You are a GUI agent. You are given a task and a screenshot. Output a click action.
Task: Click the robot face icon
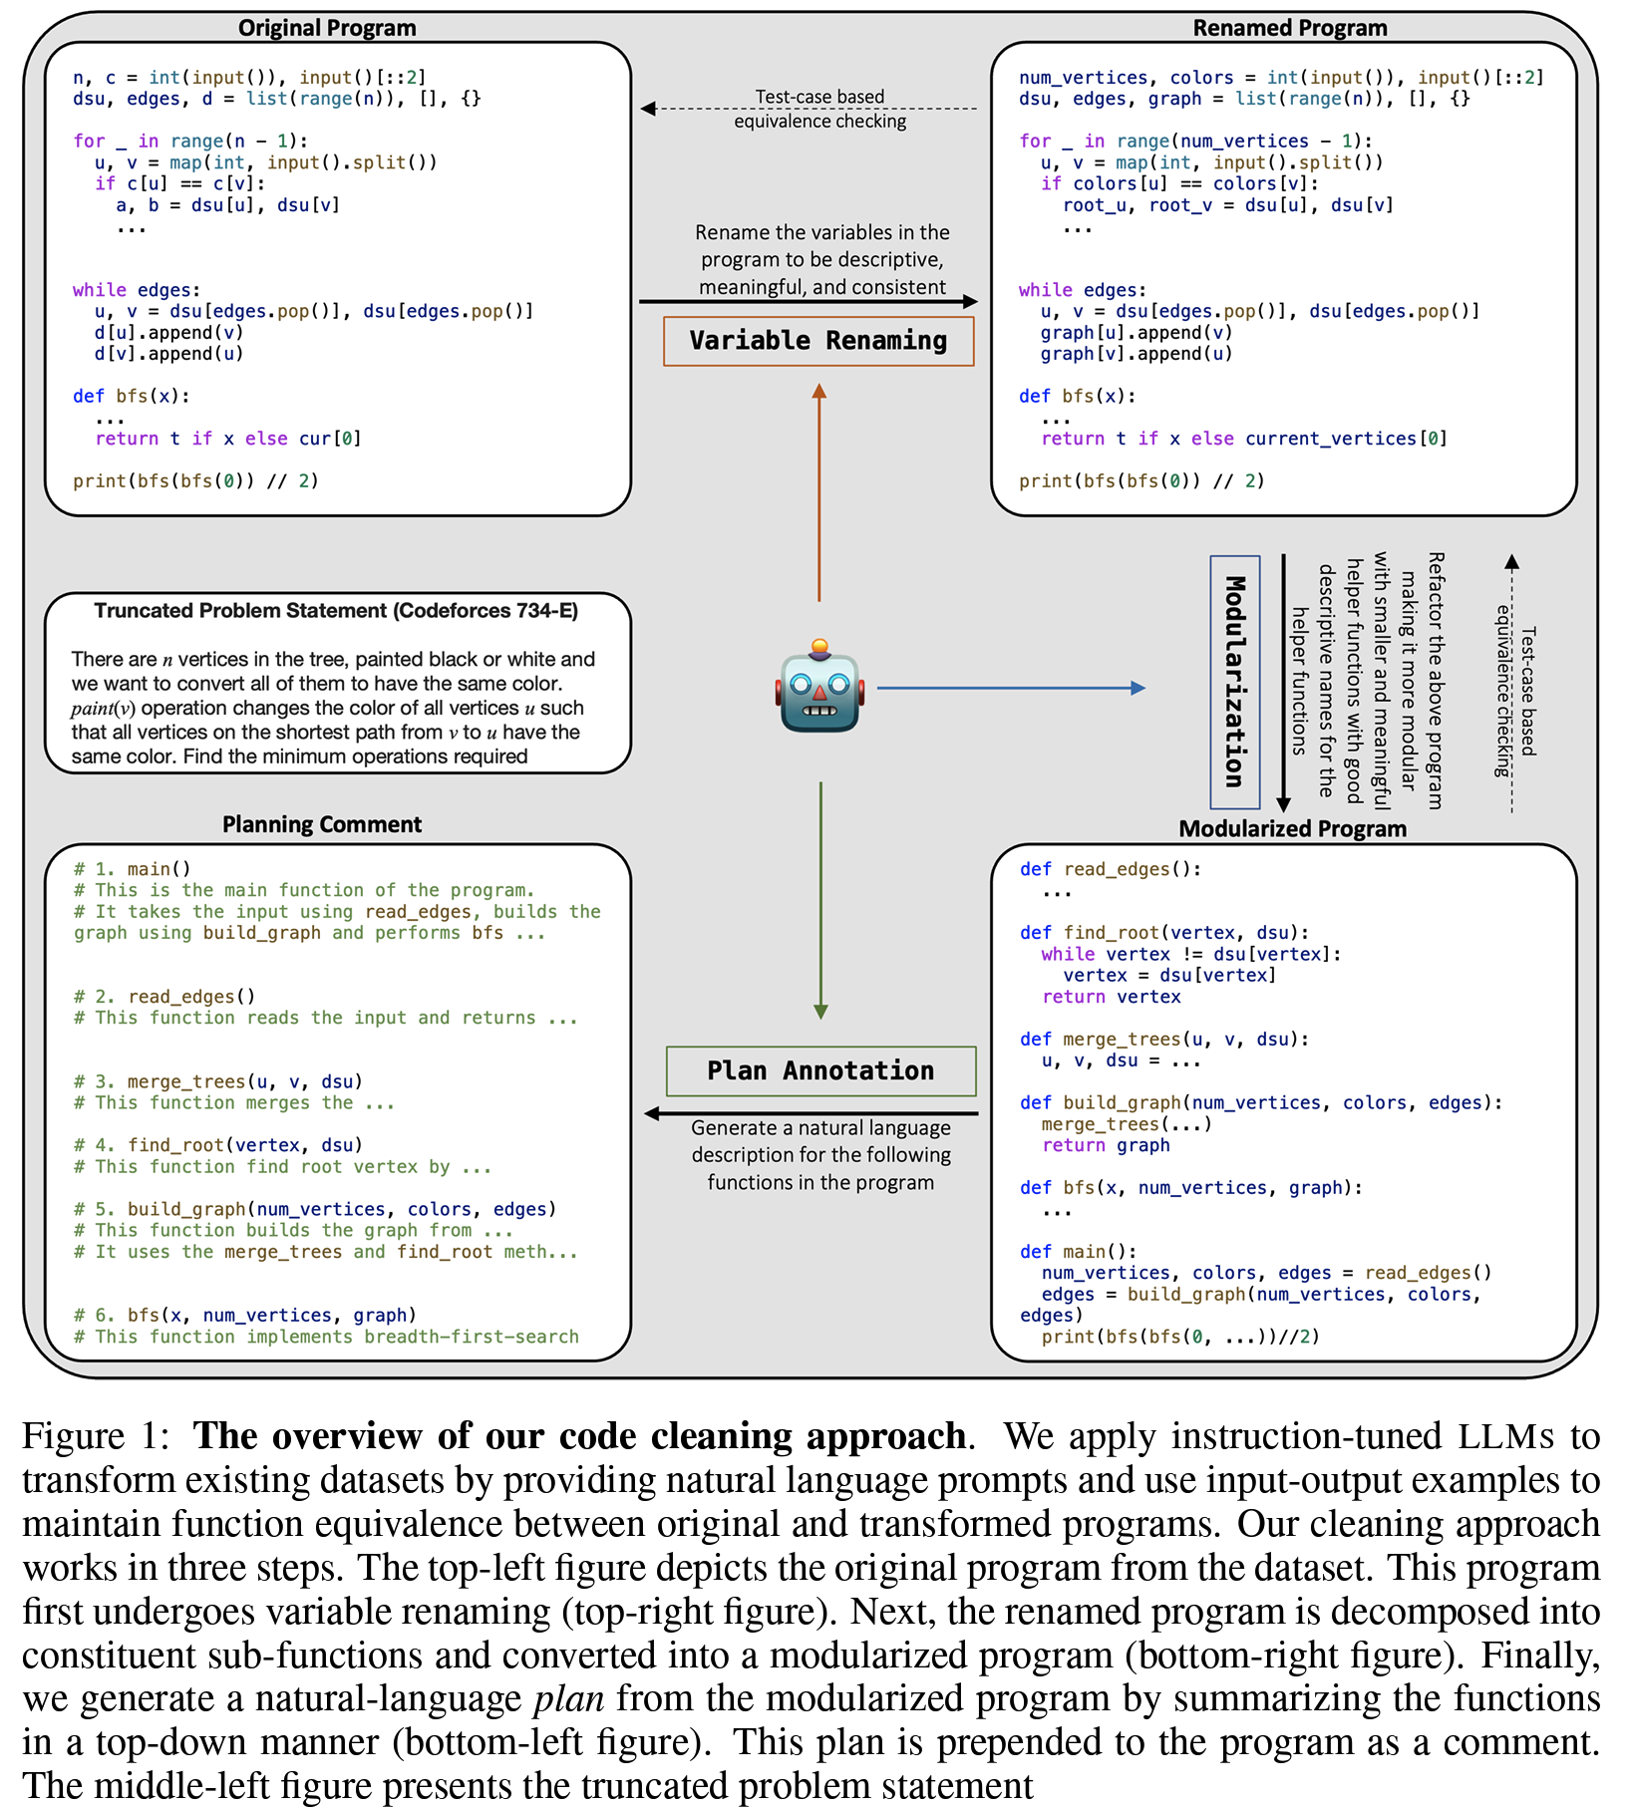pyautogui.click(x=819, y=688)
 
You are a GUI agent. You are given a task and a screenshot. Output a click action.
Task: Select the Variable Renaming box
pyautogui.click(x=818, y=341)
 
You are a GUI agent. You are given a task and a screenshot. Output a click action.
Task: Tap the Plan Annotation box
pyautogui.click(x=820, y=1071)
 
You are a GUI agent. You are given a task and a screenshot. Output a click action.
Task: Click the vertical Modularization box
pyautogui.click(x=1235, y=682)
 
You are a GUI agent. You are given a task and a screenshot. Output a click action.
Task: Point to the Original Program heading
pyautogui.click(x=327, y=28)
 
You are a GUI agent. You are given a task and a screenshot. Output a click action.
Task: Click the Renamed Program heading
pyautogui.click(x=1289, y=28)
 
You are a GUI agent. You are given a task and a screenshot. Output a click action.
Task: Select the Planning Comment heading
pyautogui.click(x=322, y=824)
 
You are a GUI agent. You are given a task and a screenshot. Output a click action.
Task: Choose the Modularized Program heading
pyautogui.click(x=1292, y=828)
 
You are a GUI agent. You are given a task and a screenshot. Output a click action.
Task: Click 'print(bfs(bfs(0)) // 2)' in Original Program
pyautogui.click(x=195, y=481)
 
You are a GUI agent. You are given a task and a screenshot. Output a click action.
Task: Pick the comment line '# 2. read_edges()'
pyautogui.click(x=165, y=997)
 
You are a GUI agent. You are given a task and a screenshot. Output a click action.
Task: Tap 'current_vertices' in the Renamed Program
pyautogui.click(x=1330, y=439)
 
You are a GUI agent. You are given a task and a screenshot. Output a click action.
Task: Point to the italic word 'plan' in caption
pyautogui.click(x=568, y=1697)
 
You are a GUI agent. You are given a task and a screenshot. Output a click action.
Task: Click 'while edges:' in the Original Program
pyautogui.click(x=137, y=290)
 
